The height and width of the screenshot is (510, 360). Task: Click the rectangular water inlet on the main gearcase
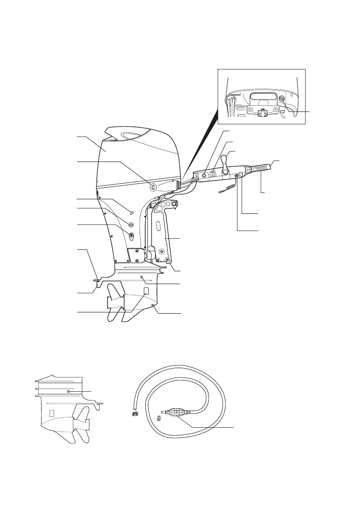pyautogui.click(x=146, y=291)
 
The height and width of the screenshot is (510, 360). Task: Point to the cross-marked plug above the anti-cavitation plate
pyautogui.click(x=142, y=277)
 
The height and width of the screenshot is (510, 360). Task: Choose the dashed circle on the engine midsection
pyautogui.click(x=132, y=224)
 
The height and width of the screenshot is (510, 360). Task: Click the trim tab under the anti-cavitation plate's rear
pyautogui.click(x=98, y=283)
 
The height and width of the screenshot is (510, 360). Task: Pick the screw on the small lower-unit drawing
pyautogui.click(x=69, y=392)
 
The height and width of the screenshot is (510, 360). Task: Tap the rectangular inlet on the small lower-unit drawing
pyautogui.click(x=52, y=414)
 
